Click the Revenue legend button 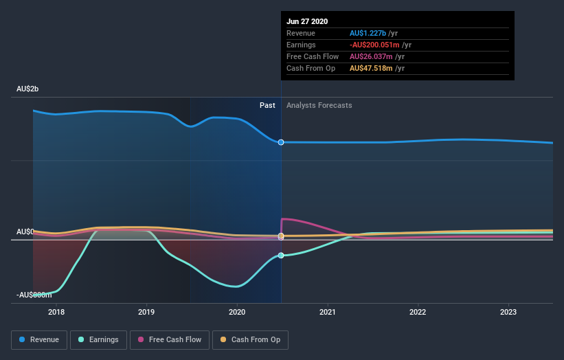pos(40,339)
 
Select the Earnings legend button pos(98,339)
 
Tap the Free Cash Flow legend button pos(170,339)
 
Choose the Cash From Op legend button pos(251,339)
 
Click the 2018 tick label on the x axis pos(56,311)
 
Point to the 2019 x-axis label pos(146,311)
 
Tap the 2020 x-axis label pos(237,311)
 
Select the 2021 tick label pos(328,311)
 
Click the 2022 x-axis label pos(418,311)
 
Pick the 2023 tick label pos(508,311)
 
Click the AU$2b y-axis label pos(27,89)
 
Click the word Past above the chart pos(267,105)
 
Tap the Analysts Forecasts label pos(319,105)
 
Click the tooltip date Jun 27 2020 pos(307,21)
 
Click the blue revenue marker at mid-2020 pos(281,142)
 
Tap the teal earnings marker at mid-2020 pos(281,256)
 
